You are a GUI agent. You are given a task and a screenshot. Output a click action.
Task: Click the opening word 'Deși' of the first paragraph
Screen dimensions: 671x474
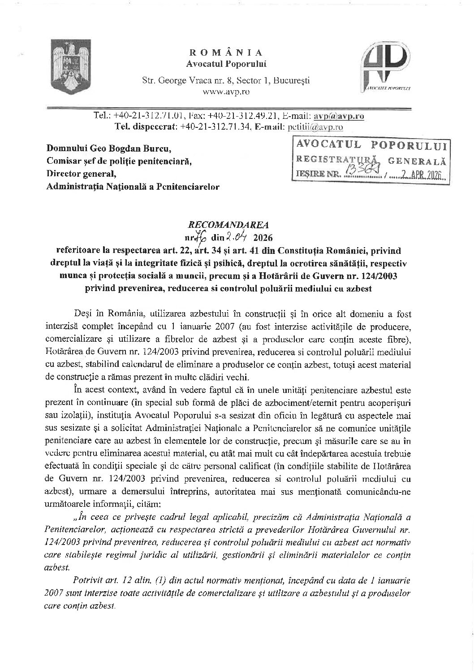pos(80,312)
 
